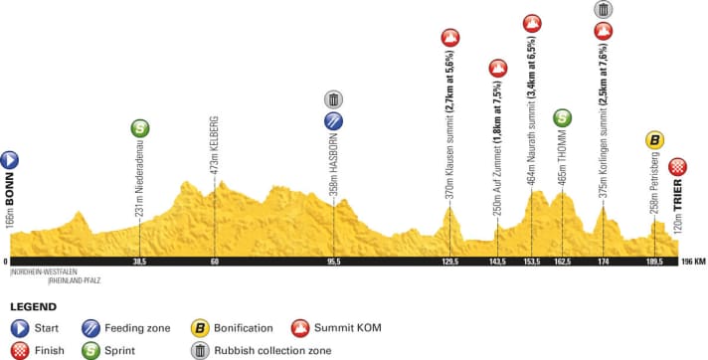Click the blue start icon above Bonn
[x=9, y=158]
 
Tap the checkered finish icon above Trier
[x=678, y=167]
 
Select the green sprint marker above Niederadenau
[x=140, y=128]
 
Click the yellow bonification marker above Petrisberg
[x=654, y=140]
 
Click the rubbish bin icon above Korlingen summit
[x=603, y=10]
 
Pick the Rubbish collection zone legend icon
[x=200, y=349]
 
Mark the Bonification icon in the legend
[x=200, y=326]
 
